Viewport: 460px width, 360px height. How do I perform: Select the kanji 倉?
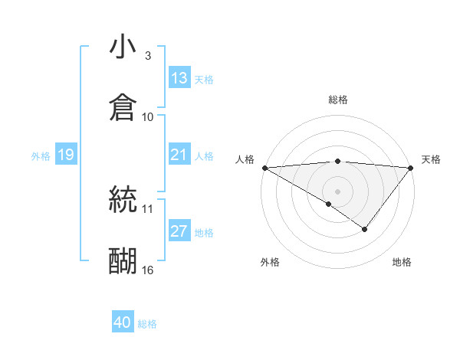[123, 107]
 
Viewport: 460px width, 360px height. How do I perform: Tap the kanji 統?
[123, 199]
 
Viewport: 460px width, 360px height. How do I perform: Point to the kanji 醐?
[123, 260]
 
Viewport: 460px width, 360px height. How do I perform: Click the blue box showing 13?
[179, 78]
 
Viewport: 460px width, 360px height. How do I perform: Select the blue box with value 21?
[179, 155]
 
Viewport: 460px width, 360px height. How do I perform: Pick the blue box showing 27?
[179, 232]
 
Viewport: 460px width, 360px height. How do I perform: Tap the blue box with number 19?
[66, 155]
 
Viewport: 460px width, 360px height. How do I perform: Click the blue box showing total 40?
[123, 323]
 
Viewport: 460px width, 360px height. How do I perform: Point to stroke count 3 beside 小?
[147, 56]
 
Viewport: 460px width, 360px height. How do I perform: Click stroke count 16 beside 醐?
[148, 270]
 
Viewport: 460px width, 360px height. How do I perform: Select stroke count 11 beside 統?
[148, 208]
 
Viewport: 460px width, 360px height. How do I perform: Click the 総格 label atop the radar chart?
[338, 100]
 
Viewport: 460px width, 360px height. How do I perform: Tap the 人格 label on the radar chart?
[245, 159]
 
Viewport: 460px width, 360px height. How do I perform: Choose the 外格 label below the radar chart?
[270, 262]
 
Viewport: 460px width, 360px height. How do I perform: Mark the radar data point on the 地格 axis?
[365, 229]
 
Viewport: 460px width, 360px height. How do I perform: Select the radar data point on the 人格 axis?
[264, 168]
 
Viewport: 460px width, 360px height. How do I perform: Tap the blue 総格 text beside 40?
[147, 324]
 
